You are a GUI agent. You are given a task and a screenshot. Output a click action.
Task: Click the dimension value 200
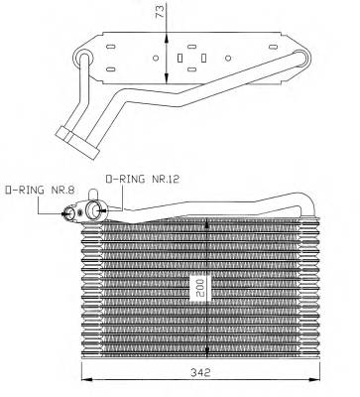coord(200,288)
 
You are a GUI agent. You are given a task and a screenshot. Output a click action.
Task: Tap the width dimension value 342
coord(200,372)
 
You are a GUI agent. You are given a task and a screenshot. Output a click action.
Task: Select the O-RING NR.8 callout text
coord(40,190)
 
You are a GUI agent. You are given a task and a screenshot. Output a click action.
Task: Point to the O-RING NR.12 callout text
coord(142,179)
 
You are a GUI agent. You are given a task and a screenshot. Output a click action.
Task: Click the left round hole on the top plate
coord(156,59)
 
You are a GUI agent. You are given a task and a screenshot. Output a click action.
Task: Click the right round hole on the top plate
coord(228,59)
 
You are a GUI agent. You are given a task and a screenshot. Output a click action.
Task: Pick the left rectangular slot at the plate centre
coord(180,59)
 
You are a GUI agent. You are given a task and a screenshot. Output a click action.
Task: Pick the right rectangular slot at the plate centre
coord(203,59)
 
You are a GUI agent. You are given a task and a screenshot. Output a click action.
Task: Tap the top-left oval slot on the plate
coord(111,47)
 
